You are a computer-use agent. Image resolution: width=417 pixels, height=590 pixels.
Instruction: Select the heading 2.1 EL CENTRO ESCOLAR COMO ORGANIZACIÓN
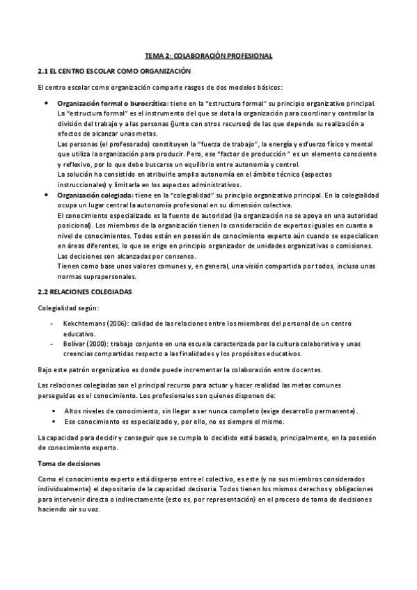click(113, 72)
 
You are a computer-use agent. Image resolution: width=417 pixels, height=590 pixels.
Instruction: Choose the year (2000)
click(102, 343)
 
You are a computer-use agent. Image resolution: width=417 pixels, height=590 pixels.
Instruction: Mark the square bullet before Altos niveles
click(53, 411)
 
